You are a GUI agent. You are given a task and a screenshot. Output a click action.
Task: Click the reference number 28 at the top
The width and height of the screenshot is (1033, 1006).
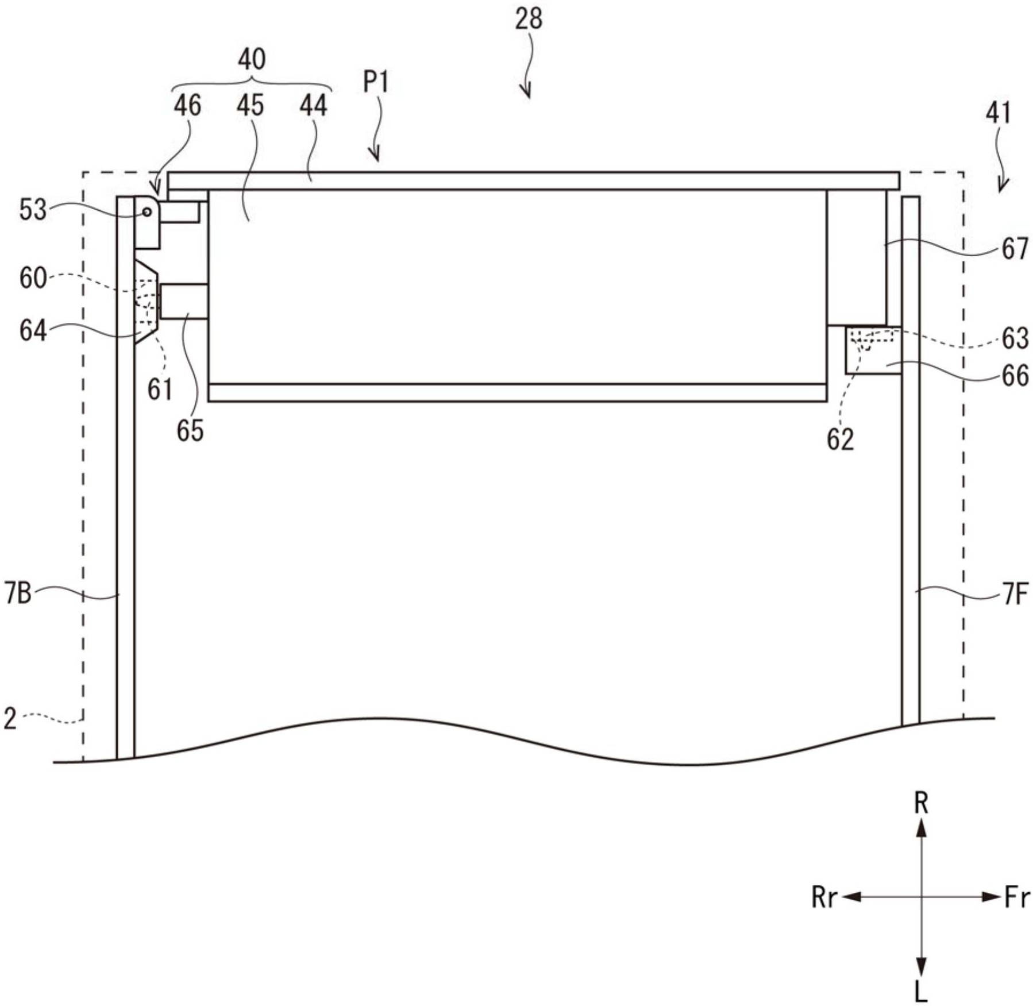click(x=528, y=18)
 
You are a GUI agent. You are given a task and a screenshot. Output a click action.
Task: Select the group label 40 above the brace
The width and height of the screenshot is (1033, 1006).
click(x=252, y=59)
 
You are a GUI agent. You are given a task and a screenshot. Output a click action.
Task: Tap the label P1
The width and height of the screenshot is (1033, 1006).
click(x=376, y=82)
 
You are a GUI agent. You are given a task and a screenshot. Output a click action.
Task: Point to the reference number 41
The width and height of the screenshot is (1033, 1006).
click(x=998, y=113)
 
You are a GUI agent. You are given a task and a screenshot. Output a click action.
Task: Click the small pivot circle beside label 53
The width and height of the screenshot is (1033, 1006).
click(x=147, y=212)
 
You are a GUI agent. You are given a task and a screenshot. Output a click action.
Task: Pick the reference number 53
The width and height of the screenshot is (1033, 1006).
click(x=33, y=210)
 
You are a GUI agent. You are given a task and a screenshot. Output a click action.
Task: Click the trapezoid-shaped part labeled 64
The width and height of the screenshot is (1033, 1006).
click(x=145, y=302)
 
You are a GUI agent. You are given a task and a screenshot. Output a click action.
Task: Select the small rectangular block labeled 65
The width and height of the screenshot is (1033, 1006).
click(x=184, y=301)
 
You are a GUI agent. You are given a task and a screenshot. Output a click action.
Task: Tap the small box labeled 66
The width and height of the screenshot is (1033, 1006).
click(x=872, y=350)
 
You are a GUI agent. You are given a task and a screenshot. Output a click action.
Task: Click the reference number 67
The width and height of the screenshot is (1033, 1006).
click(x=1015, y=249)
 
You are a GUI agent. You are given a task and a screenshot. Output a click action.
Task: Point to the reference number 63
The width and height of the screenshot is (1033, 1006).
click(x=1015, y=338)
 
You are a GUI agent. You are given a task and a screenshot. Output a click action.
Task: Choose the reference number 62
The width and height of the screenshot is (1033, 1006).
click(x=840, y=440)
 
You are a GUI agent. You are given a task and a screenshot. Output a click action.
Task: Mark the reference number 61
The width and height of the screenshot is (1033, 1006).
click(x=160, y=390)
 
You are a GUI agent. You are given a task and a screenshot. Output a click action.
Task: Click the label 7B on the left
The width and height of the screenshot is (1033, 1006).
click(x=18, y=593)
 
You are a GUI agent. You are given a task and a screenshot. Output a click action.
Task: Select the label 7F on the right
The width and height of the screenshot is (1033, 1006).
click(x=1015, y=594)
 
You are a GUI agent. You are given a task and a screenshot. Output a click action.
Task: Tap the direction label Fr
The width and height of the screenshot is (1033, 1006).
click(x=1016, y=897)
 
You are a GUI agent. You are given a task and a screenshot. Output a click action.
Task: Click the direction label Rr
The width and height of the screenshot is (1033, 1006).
click(x=824, y=897)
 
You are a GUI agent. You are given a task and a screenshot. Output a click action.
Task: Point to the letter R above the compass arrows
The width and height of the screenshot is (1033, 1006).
click(x=921, y=803)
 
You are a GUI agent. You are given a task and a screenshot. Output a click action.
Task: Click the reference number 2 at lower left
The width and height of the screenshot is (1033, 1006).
click(x=10, y=719)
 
